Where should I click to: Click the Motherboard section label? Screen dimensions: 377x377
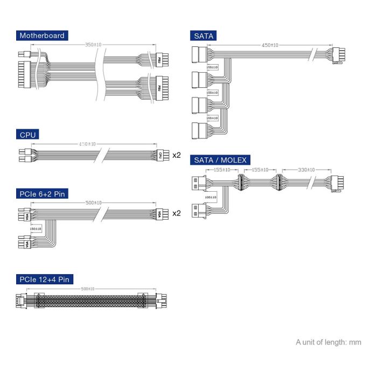[x=42, y=36]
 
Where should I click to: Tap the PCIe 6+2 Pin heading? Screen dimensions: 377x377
[x=44, y=193]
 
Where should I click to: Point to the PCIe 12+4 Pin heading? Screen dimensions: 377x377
[x=44, y=280]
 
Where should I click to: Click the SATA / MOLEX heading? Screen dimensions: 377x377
[x=220, y=160]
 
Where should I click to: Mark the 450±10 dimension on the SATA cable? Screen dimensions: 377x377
[x=270, y=45]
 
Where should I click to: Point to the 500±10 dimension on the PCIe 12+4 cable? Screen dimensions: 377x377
[x=89, y=289]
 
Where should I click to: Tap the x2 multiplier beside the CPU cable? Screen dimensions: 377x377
[x=177, y=155]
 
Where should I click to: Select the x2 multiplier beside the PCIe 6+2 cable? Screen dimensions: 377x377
[x=177, y=213]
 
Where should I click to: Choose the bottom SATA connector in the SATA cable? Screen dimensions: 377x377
[x=199, y=131]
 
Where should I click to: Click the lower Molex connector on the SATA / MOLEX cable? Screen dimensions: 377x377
[x=199, y=210]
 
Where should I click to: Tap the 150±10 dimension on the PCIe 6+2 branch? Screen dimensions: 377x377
[x=36, y=229]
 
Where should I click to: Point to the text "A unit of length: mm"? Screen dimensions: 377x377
[x=329, y=342]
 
